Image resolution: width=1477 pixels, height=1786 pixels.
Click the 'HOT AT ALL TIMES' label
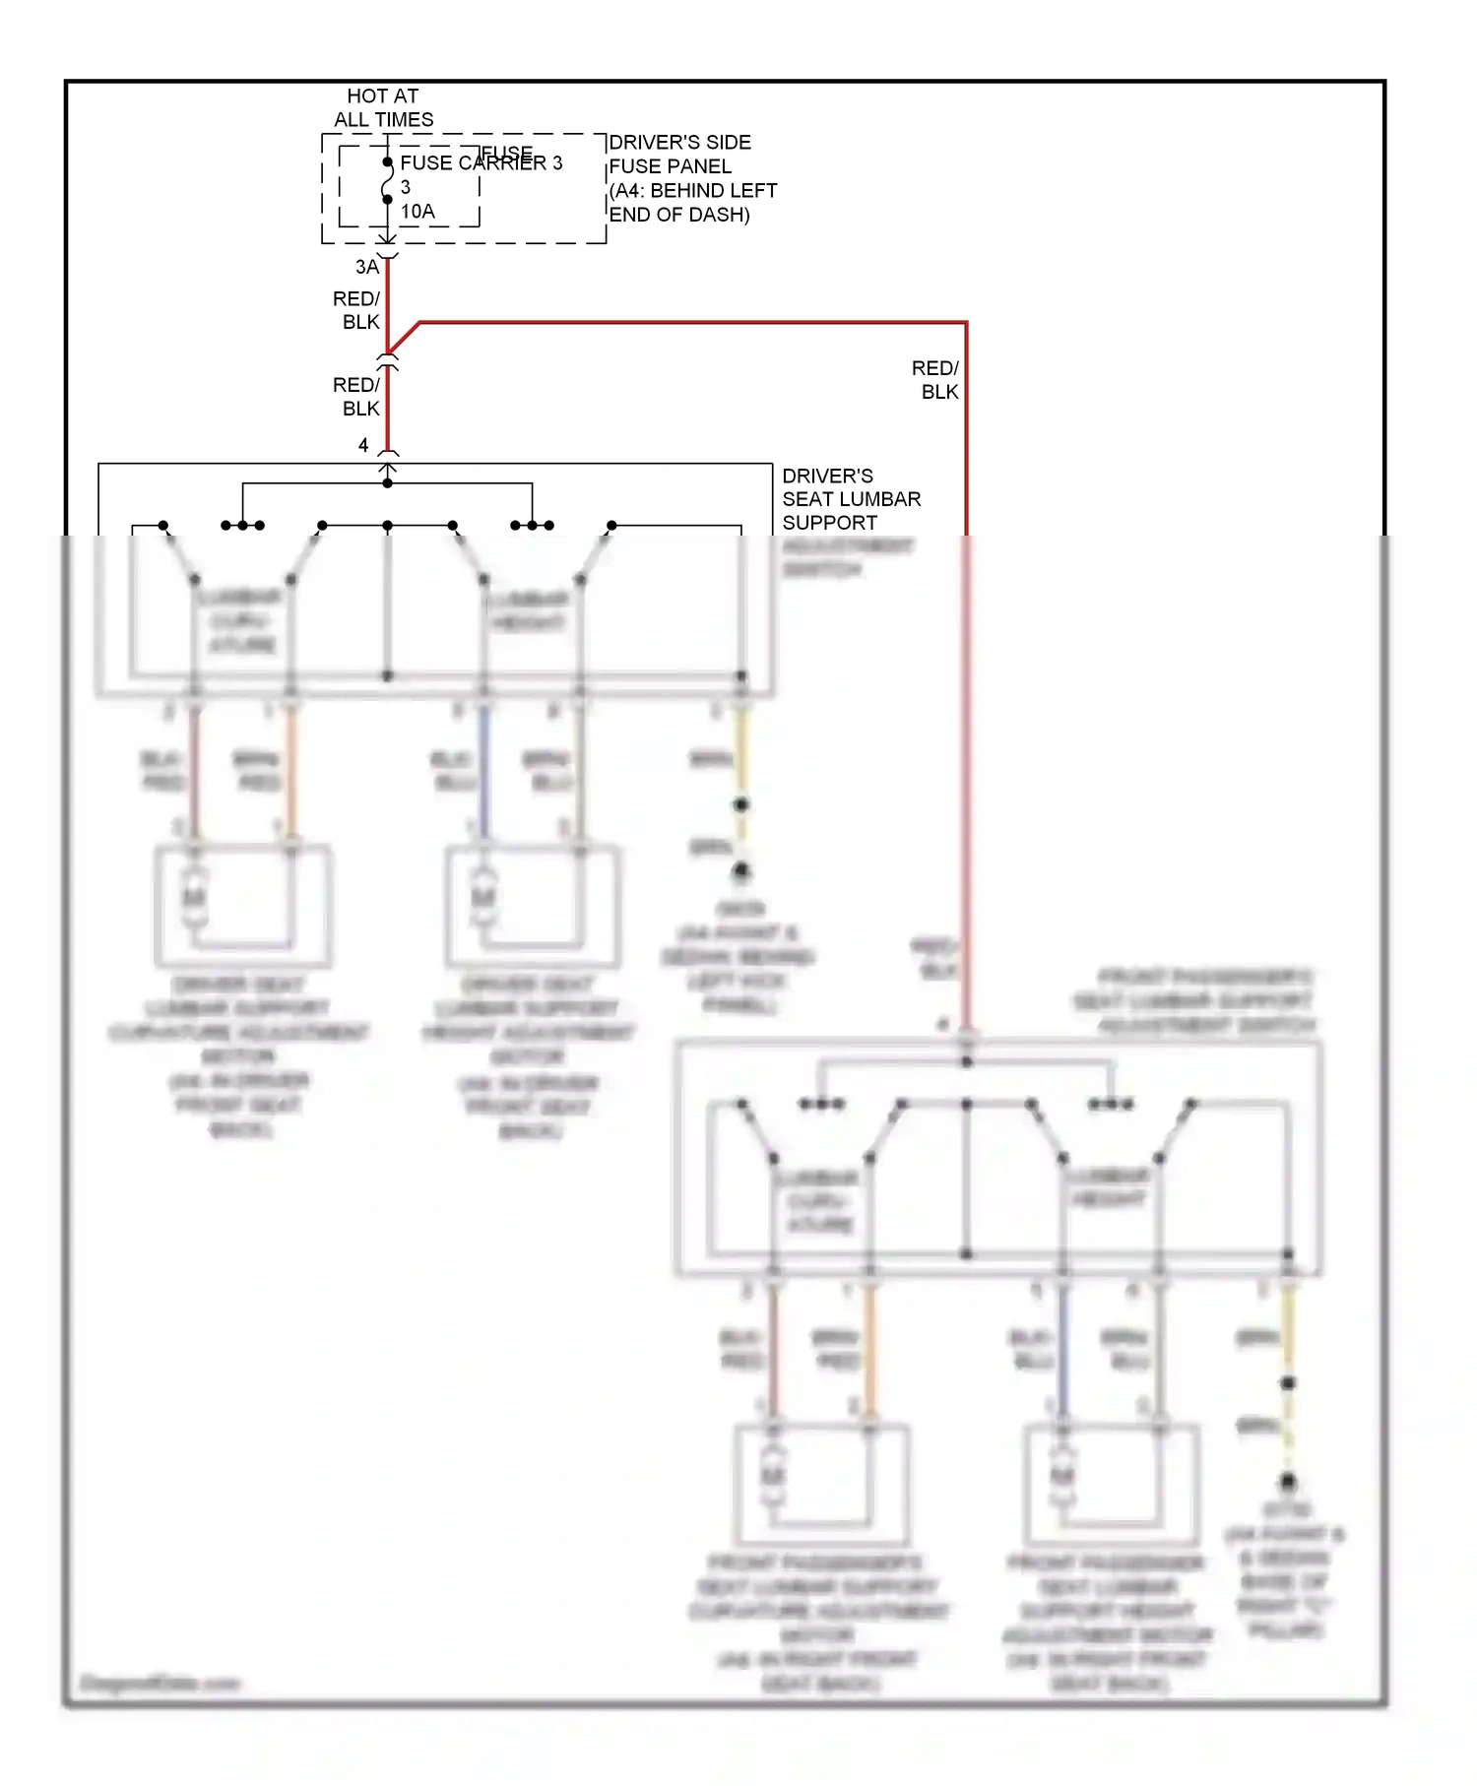click(383, 108)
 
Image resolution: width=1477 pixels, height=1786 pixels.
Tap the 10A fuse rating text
click(417, 212)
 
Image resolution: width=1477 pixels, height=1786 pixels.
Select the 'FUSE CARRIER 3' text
click(481, 163)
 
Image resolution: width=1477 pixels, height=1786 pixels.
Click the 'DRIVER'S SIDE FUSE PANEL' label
click(679, 155)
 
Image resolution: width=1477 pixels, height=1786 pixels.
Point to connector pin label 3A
click(366, 268)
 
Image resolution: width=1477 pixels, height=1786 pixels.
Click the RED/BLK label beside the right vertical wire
click(935, 380)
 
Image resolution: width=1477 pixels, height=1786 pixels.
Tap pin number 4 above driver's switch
click(363, 446)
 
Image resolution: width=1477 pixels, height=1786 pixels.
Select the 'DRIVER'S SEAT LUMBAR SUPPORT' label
click(851, 499)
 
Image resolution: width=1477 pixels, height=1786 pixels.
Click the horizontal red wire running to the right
click(689, 322)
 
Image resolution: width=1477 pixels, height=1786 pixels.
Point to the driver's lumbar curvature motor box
click(242, 906)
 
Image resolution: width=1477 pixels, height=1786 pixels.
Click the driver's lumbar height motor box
click(532, 906)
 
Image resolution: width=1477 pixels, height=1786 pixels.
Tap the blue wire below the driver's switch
click(482, 773)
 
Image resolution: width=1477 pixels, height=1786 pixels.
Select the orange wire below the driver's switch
click(291, 773)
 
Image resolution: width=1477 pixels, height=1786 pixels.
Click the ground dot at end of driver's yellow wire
click(740, 870)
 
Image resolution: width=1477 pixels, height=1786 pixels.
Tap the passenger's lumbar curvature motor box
click(821, 1485)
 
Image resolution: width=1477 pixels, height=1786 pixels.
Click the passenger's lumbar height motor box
click(1111, 1485)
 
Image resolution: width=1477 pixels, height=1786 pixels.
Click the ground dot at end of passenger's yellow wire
click(1287, 1482)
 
